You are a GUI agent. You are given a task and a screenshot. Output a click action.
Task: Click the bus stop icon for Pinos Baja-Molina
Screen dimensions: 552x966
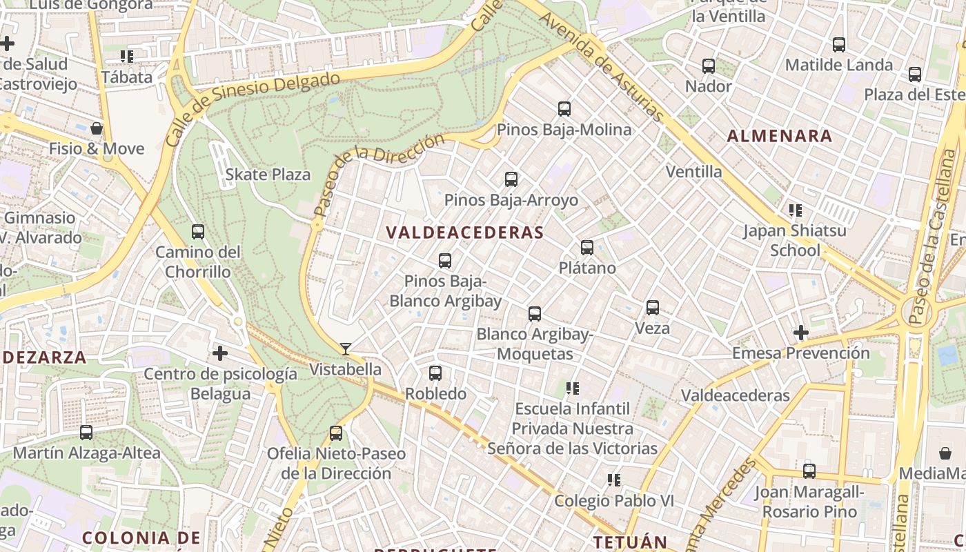(x=564, y=109)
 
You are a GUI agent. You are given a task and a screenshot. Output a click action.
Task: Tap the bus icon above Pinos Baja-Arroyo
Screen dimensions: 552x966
(x=511, y=179)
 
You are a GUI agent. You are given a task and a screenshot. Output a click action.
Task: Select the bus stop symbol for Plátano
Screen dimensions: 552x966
(x=587, y=247)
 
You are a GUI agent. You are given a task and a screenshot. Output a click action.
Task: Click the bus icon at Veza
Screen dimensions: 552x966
(x=653, y=308)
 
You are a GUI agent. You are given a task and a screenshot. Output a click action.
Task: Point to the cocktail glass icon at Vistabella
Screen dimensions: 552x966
(x=346, y=349)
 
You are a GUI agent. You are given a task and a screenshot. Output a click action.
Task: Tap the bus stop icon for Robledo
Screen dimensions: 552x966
(x=435, y=373)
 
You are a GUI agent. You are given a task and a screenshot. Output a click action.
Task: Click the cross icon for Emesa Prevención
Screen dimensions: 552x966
(x=800, y=333)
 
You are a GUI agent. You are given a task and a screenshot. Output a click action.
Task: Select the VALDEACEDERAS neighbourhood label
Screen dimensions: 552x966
(x=465, y=233)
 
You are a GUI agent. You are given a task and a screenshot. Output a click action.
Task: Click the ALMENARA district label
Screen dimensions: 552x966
(x=780, y=136)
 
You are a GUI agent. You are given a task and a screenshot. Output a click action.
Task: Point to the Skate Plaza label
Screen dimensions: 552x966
(x=268, y=175)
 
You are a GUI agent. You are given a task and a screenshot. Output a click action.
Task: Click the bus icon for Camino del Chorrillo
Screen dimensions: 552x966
(x=198, y=232)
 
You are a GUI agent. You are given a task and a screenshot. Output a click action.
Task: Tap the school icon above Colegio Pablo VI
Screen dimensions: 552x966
(x=613, y=480)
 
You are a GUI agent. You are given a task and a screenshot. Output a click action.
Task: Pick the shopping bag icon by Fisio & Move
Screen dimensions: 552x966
(x=97, y=128)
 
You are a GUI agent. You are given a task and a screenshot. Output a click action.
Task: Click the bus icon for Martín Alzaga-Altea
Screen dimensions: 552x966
(x=86, y=433)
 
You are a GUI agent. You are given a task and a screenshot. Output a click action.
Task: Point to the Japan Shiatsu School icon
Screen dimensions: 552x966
(x=795, y=210)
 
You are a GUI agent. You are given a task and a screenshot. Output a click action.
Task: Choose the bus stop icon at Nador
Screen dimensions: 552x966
(x=709, y=66)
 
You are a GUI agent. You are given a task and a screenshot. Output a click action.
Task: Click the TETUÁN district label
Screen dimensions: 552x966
(x=630, y=542)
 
